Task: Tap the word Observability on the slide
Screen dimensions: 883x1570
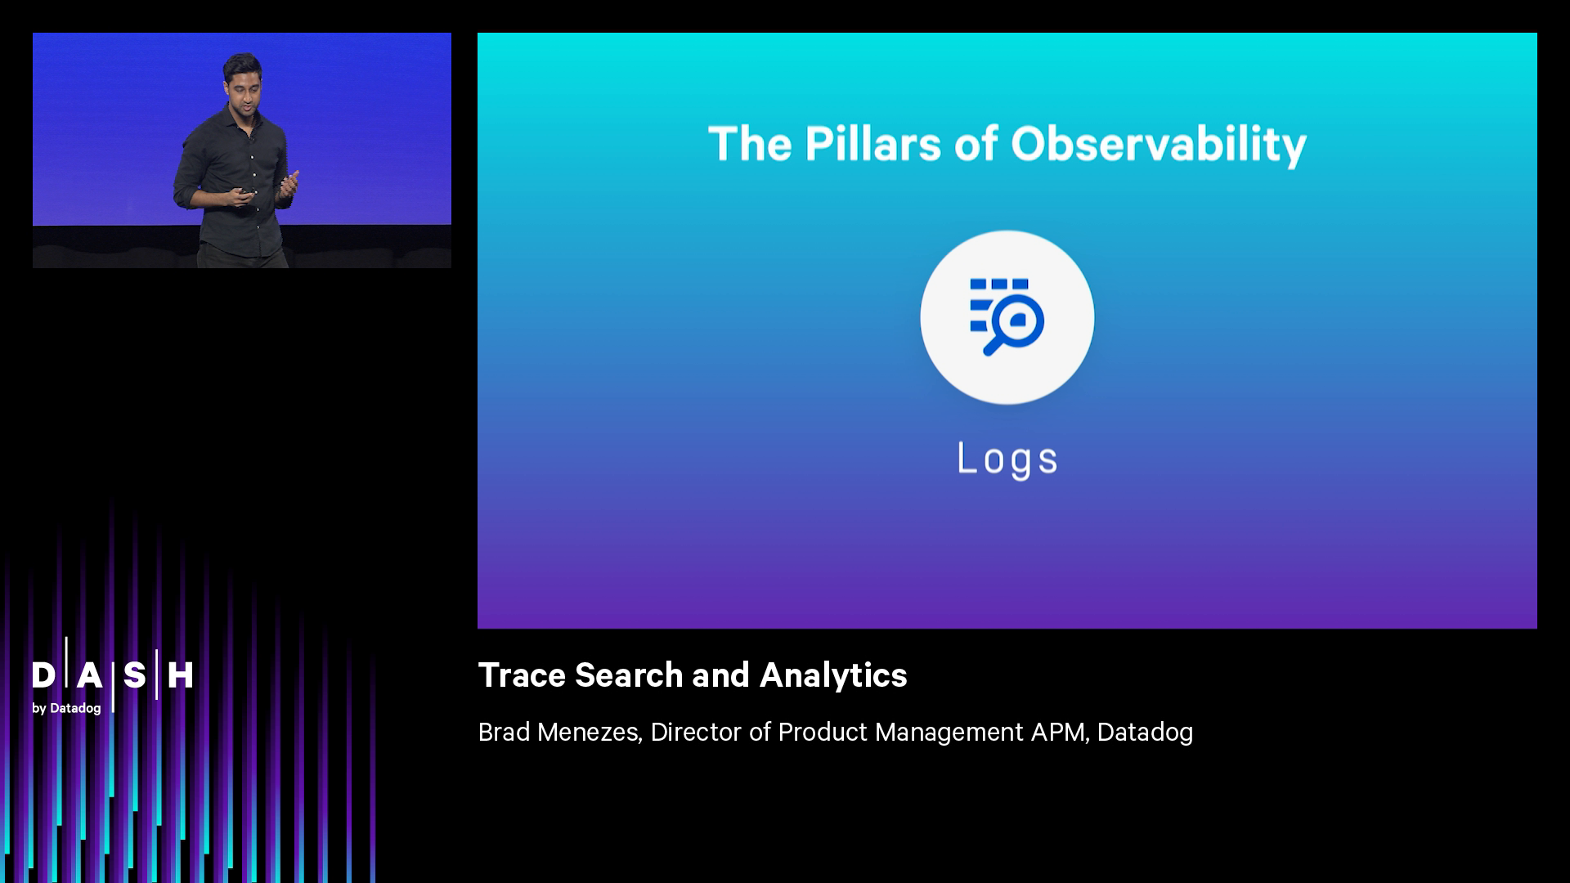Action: click(1158, 146)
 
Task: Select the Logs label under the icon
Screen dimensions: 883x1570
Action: click(1007, 459)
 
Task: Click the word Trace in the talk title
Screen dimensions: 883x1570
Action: click(522, 675)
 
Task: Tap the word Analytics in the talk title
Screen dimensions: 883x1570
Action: click(833, 676)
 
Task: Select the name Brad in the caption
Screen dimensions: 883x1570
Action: click(504, 732)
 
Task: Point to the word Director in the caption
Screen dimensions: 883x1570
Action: click(696, 732)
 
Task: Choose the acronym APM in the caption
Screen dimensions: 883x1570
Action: click(1059, 732)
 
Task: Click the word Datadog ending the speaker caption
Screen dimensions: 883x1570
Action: click(1145, 732)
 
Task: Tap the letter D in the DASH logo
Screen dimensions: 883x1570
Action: click(43, 675)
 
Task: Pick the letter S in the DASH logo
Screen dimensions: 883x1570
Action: click(135, 675)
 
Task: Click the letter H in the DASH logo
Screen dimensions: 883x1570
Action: click(180, 675)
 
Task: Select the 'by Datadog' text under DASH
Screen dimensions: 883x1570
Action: click(66, 708)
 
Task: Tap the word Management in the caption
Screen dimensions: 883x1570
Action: click(949, 732)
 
